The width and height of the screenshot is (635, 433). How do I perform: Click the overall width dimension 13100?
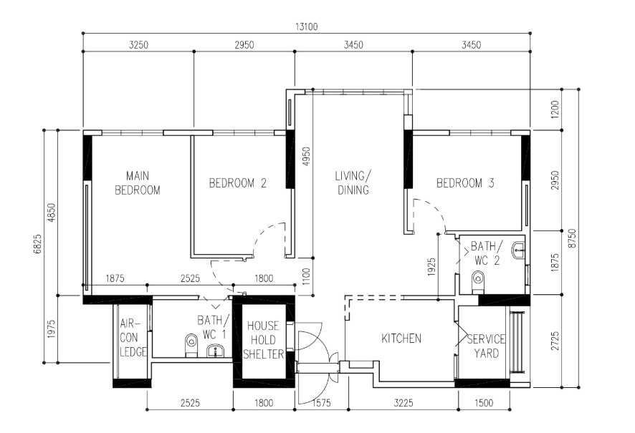(307, 26)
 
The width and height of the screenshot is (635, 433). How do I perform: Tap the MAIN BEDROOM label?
(138, 183)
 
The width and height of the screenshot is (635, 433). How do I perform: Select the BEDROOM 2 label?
(238, 183)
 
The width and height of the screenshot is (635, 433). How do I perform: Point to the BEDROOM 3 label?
(465, 183)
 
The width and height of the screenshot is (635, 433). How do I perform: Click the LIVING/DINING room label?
(353, 183)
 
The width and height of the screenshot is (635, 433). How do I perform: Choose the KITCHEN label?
(401, 339)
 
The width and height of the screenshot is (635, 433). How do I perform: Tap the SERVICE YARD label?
(486, 346)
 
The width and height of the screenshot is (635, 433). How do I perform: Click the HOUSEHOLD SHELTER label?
(264, 340)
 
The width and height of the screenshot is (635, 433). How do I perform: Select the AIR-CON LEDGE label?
(133, 338)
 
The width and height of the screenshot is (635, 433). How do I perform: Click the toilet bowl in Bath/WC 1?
(191, 345)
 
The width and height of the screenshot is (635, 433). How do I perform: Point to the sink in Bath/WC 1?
(217, 351)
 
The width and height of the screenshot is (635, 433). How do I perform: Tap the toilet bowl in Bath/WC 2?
(478, 281)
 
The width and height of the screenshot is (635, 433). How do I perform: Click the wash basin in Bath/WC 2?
(518, 250)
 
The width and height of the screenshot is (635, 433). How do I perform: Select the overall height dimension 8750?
(571, 238)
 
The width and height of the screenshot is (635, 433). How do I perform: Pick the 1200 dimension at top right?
(555, 110)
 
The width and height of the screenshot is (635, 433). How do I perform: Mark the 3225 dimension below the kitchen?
(404, 403)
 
